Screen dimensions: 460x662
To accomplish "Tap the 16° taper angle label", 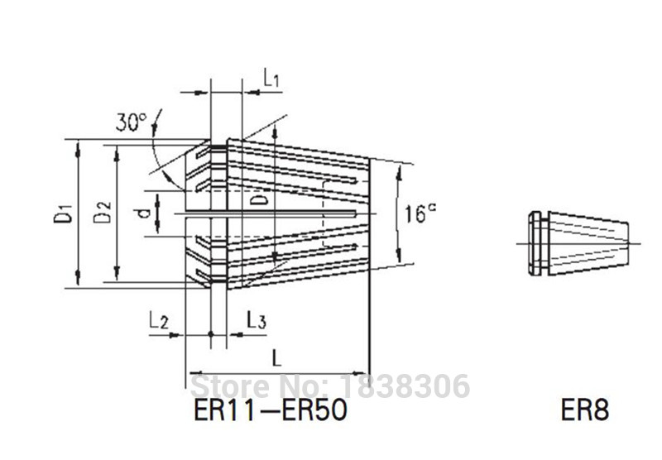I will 421,214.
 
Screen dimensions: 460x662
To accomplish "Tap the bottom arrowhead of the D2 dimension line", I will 118,277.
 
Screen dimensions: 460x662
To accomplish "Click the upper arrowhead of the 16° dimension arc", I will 401,170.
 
